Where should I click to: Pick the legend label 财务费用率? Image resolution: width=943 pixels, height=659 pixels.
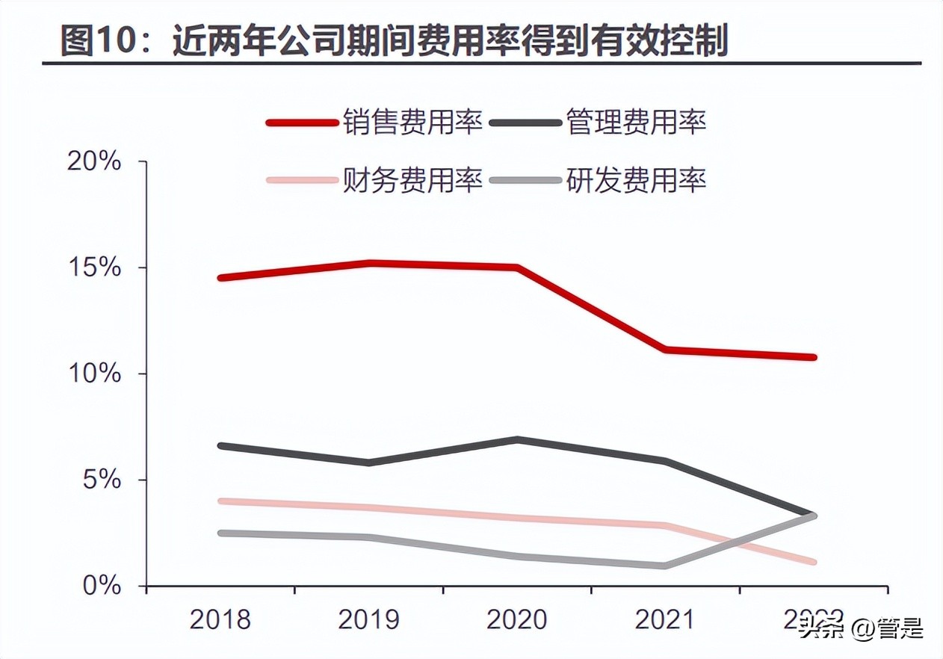[x=412, y=180]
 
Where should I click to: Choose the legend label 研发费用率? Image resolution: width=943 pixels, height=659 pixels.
[x=636, y=180]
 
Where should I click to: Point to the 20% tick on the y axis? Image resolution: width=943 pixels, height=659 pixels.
[x=95, y=162]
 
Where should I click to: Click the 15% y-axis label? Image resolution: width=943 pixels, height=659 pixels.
[x=95, y=268]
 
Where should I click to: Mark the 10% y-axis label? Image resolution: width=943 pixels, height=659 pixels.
[x=95, y=374]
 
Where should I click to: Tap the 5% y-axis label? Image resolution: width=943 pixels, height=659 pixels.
[x=102, y=480]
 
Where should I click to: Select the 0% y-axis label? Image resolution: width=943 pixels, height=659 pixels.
[x=102, y=586]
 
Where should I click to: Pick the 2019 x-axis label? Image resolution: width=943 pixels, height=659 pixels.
[x=368, y=620]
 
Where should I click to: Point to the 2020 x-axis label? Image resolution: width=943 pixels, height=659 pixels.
[x=516, y=620]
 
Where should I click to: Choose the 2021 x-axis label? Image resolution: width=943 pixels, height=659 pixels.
[x=664, y=620]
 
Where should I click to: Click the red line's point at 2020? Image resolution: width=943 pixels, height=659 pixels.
[x=516, y=267]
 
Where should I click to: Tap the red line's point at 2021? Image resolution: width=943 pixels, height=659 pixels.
[x=664, y=350]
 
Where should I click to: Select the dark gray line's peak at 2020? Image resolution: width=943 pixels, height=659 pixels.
[x=516, y=440]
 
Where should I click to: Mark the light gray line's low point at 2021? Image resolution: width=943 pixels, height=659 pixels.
[x=664, y=566]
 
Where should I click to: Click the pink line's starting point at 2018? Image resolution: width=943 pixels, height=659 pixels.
[x=220, y=501]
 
